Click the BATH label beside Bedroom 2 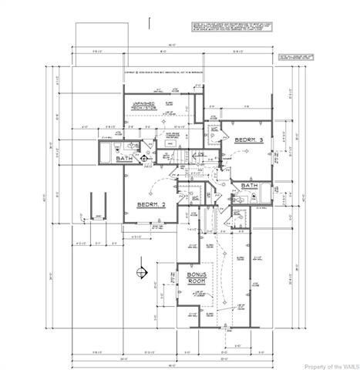(125, 159)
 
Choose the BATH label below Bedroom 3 (249, 186)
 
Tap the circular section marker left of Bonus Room (140, 270)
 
